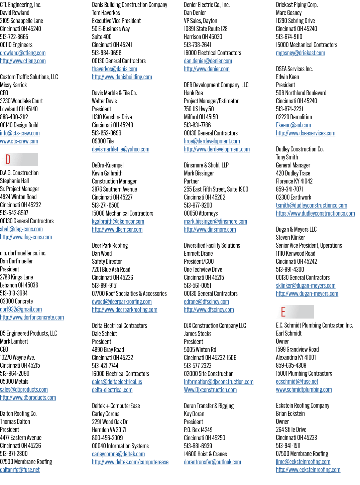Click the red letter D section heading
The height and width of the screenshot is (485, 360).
click(8, 159)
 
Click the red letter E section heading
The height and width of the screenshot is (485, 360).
click(283, 312)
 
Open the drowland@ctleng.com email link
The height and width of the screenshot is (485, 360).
click(23, 53)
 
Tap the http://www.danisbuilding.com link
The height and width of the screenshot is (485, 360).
click(122, 77)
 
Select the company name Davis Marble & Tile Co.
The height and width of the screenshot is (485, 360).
click(114, 93)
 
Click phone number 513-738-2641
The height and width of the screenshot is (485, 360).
click(197, 45)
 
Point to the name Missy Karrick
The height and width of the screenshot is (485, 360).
click(13, 85)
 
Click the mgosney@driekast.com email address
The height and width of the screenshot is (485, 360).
click(300, 53)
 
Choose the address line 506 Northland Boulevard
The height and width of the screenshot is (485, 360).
click(301, 93)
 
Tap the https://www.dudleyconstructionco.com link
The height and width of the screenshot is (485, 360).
click(315, 213)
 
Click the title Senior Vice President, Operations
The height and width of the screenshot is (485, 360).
click(309, 245)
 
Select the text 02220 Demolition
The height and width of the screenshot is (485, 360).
click(294, 117)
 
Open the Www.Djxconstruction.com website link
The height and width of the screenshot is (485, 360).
click(210, 390)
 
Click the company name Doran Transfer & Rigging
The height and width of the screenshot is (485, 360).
click(209, 406)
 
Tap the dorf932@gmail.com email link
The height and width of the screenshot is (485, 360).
click(21, 309)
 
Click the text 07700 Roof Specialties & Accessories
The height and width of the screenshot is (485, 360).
click(129, 293)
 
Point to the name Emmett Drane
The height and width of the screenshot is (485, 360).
click(198, 253)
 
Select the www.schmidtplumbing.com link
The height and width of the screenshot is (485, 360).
click(304, 389)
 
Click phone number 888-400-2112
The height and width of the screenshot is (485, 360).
click(14, 117)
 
